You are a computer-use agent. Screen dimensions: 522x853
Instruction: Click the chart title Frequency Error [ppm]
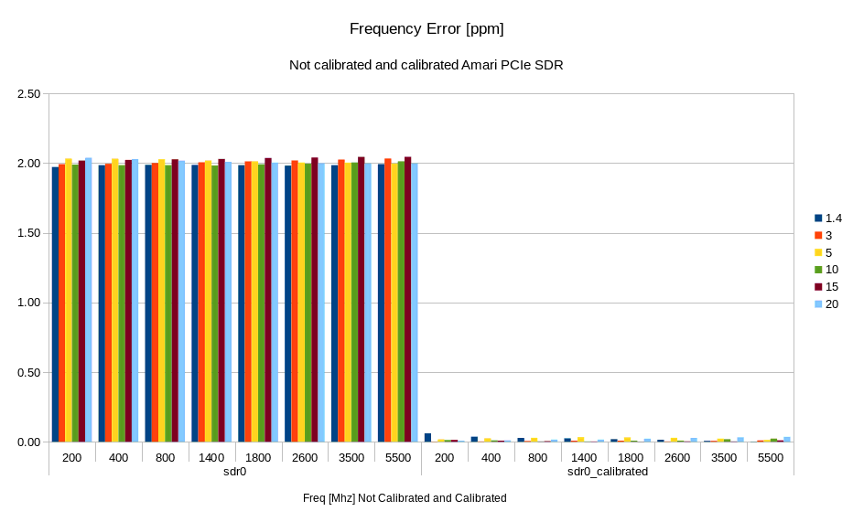[x=426, y=29]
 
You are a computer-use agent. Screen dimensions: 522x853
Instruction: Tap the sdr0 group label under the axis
[x=234, y=472]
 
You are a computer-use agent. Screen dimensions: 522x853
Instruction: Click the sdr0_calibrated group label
[x=608, y=472]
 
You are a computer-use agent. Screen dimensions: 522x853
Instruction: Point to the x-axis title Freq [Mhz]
[x=405, y=498]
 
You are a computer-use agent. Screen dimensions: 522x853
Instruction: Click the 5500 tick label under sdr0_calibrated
[x=771, y=457]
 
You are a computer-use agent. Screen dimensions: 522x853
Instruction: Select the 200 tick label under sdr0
[x=72, y=457]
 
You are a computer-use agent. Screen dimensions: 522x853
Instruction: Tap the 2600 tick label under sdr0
[x=305, y=457]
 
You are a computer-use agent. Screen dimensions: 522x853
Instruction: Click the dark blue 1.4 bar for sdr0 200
[x=55, y=304]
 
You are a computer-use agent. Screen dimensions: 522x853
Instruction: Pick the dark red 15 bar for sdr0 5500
[x=407, y=300]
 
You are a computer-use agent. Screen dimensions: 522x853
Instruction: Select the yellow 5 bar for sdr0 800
[x=161, y=301]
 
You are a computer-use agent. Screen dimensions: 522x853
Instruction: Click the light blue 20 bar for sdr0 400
[x=135, y=301]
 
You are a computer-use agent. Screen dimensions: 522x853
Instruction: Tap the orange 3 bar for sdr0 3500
[x=341, y=301]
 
